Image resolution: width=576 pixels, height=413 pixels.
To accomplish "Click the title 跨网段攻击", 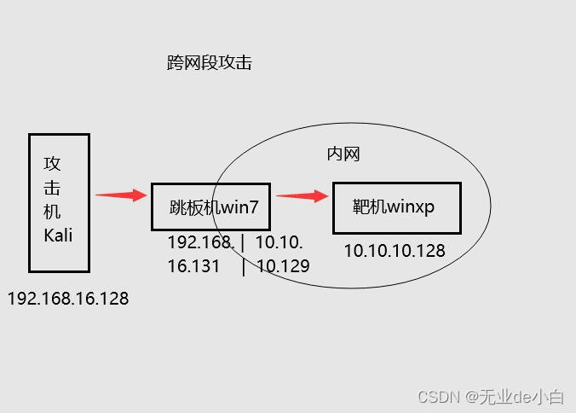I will (x=210, y=63).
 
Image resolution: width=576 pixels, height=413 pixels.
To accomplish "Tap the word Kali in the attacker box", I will (x=58, y=235).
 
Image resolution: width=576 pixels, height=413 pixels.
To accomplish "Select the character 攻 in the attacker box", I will (x=53, y=164).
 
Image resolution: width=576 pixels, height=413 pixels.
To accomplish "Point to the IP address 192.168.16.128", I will (x=68, y=299).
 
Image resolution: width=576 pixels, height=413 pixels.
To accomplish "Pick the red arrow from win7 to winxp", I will (x=302, y=196).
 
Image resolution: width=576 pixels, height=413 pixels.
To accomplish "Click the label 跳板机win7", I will (x=213, y=206).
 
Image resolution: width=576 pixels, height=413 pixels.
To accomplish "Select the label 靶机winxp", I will (x=394, y=206).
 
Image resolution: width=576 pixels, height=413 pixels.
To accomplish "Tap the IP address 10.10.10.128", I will (x=395, y=251).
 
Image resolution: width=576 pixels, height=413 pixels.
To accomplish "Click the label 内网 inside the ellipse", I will (x=344, y=154).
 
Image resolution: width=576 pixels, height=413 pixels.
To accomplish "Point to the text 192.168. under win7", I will (x=200, y=243).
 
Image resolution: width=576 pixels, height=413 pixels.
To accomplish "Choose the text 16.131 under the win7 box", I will (x=193, y=266).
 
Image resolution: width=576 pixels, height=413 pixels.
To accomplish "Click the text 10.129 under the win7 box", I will (x=284, y=266).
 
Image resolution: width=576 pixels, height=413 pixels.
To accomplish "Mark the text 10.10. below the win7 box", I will (x=279, y=243).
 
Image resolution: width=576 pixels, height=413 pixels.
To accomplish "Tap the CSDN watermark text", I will (x=439, y=397).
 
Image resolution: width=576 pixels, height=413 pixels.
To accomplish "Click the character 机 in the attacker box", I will (x=53, y=212).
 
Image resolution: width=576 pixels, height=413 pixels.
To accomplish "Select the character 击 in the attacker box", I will (x=53, y=188).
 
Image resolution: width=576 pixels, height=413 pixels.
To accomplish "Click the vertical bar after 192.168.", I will (x=244, y=243).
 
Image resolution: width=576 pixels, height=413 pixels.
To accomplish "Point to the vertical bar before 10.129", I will (x=245, y=266).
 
